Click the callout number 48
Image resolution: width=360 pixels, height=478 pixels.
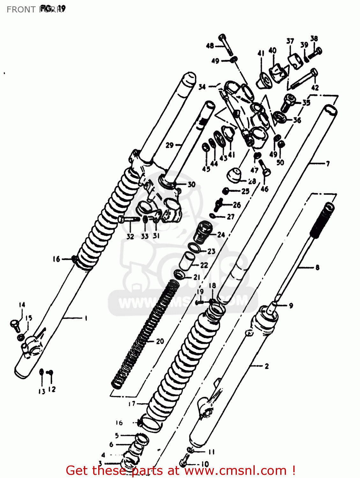pyautogui.click(x=210, y=46)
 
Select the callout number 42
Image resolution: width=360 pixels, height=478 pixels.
pyautogui.click(x=315, y=88)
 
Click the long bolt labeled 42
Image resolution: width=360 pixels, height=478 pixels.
pyautogui.click(x=303, y=79)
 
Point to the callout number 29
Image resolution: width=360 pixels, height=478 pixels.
pyautogui.click(x=170, y=145)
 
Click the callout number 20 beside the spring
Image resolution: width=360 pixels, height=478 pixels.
pyautogui.click(x=160, y=341)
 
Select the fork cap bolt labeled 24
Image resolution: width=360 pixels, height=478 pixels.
pyautogui.click(x=205, y=232)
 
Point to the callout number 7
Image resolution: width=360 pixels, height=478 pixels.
pyautogui.click(x=327, y=164)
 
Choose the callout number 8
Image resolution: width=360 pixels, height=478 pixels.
pyautogui.click(x=317, y=267)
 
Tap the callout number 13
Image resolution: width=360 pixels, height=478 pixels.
pyautogui.click(x=42, y=392)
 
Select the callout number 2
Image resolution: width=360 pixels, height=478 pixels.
pyautogui.click(x=267, y=366)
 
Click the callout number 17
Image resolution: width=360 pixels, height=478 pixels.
pyautogui.click(x=132, y=404)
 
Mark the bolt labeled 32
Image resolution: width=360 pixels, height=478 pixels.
pyautogui.click(x=129, y=219)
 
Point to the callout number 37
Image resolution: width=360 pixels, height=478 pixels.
pyautogui.click(x=290, y=41)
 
